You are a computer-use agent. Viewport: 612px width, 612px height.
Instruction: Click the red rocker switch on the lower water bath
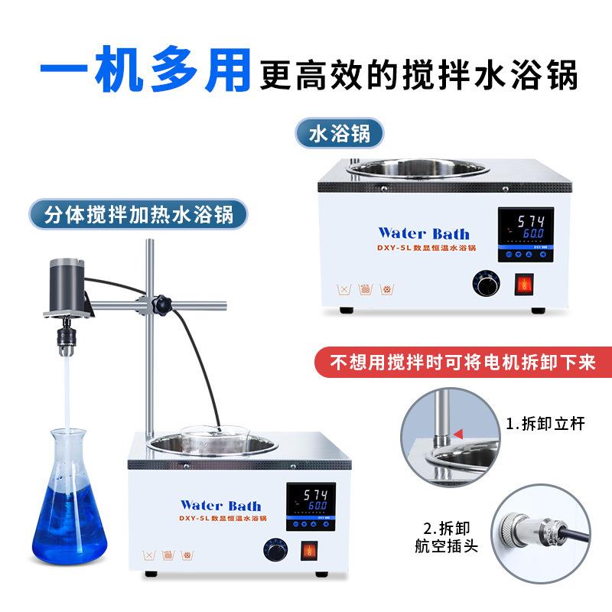tap(309, 550)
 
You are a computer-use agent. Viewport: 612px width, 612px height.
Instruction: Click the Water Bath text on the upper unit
tap(424, 233)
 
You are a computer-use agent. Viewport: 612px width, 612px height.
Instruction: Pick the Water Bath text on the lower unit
tap(220, 505)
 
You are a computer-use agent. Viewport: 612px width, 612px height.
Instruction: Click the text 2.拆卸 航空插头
tap(441, 536)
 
